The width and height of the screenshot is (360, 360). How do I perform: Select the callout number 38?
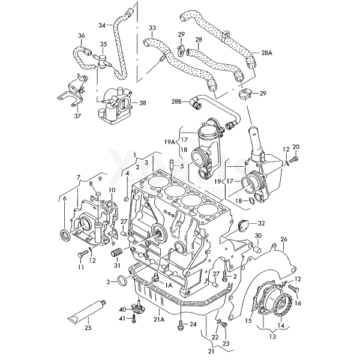[143, 103]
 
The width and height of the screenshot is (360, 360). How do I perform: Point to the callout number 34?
[102, 25]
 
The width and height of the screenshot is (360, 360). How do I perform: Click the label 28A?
[266, 53]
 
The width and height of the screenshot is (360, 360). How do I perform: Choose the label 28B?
[176, 103]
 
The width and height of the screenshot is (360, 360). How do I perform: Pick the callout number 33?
[152, 28]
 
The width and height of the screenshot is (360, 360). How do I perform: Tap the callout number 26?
[284, 239]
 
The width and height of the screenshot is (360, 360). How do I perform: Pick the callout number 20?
[295, 147]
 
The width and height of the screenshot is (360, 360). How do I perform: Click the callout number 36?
[81, 35]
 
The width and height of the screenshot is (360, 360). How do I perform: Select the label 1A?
[169, 285]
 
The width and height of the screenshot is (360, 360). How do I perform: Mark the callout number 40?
[123, 310]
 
